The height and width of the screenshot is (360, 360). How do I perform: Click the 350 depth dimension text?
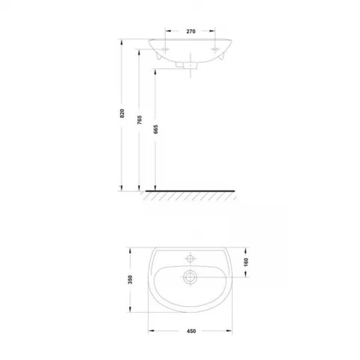(130, 280)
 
